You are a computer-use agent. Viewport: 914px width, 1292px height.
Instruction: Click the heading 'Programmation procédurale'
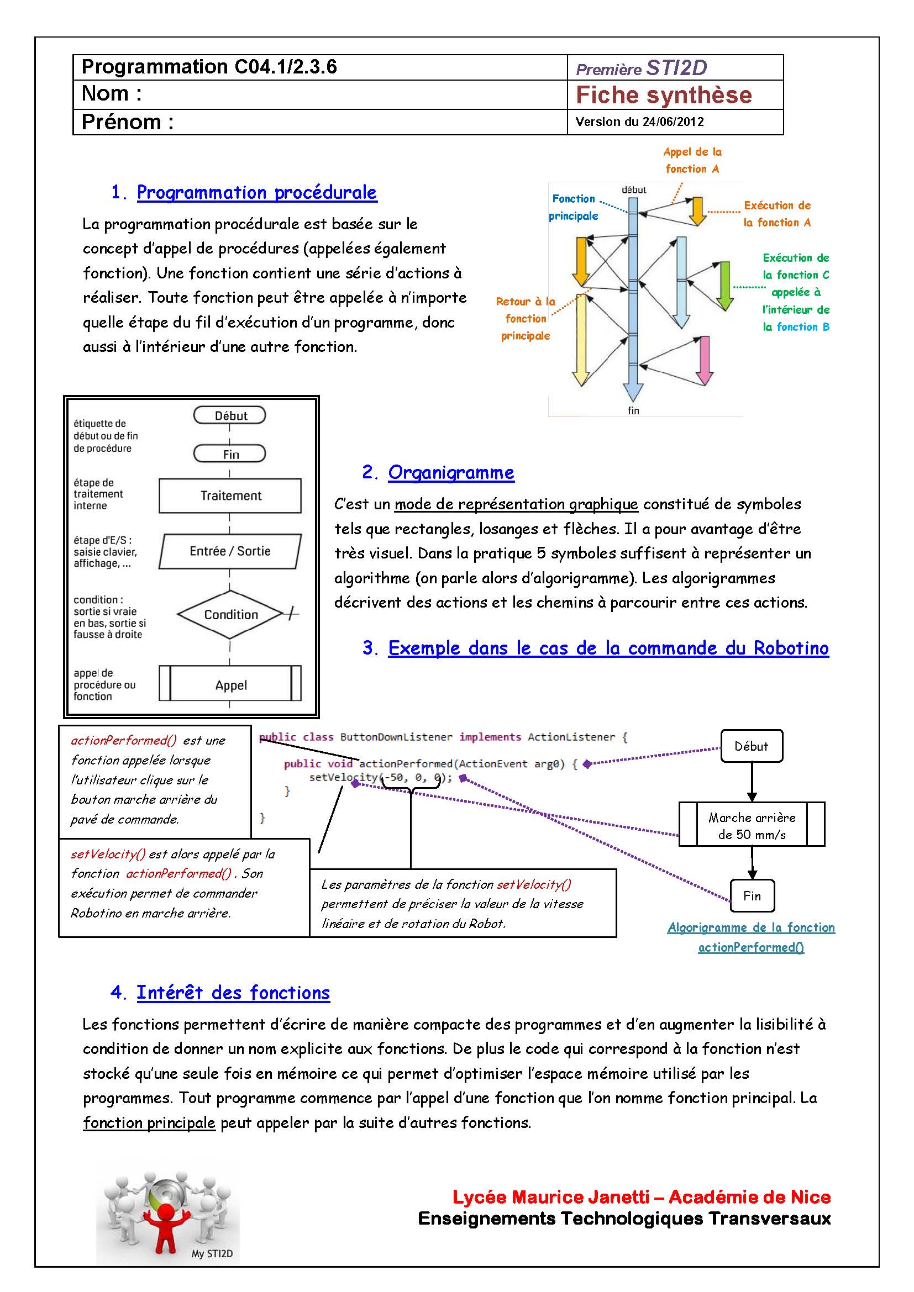click(x=256, y=192)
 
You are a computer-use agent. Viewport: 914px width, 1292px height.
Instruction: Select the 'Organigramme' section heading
click(x=451, y=473)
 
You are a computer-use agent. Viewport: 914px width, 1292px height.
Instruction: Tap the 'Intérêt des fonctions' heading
click(x=233, y=993)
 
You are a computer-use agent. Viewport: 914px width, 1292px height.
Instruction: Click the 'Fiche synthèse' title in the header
click(x=664, y=95)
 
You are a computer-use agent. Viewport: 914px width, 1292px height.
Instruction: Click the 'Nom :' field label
click(x=112, y=93)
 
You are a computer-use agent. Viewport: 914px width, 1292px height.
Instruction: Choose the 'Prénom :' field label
click(x=127, y=122)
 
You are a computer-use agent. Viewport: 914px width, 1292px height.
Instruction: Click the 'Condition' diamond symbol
click(x=230, y=614)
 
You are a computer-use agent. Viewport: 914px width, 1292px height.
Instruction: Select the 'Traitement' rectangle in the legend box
click(x=230, y=495)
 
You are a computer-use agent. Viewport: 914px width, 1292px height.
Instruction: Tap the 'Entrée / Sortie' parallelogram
click(x=230, y=551)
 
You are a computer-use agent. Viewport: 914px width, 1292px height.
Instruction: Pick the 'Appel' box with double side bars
click(x=230, y=684)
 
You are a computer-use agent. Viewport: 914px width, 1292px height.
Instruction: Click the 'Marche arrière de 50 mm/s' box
click(x=752, y=825)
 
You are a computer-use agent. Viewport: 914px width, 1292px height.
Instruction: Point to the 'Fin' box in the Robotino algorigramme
click(x=752, y=895)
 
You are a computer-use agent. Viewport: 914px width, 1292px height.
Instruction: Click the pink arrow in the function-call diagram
click(x=703, y=360)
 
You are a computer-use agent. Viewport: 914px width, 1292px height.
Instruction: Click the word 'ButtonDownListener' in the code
click(x=396, y=737)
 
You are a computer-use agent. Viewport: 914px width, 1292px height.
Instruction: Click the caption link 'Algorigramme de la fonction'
click(x=751, y=927)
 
